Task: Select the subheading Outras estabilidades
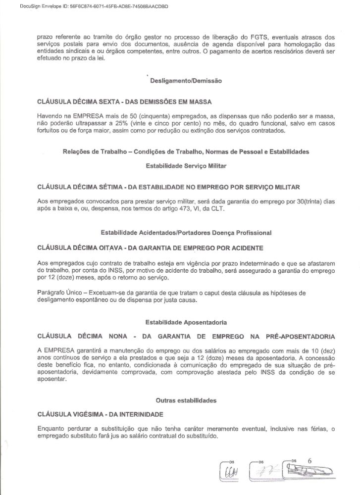click(186, 399)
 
